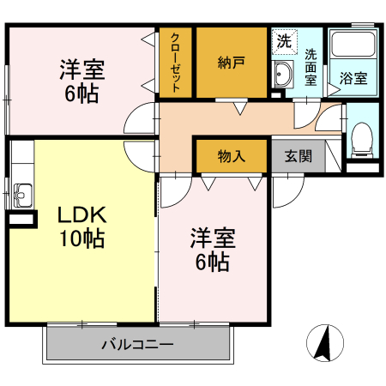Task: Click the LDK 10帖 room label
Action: click(x=81, y=226)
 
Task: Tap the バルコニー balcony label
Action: click(x=137, y=345)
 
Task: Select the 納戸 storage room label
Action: click(x=231, y=62)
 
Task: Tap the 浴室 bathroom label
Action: click(x=353, y=77)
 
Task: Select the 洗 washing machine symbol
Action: click(x=283, y=39)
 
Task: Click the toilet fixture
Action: click(x=363, y=139)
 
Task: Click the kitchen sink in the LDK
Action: click(x=21, y=196)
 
